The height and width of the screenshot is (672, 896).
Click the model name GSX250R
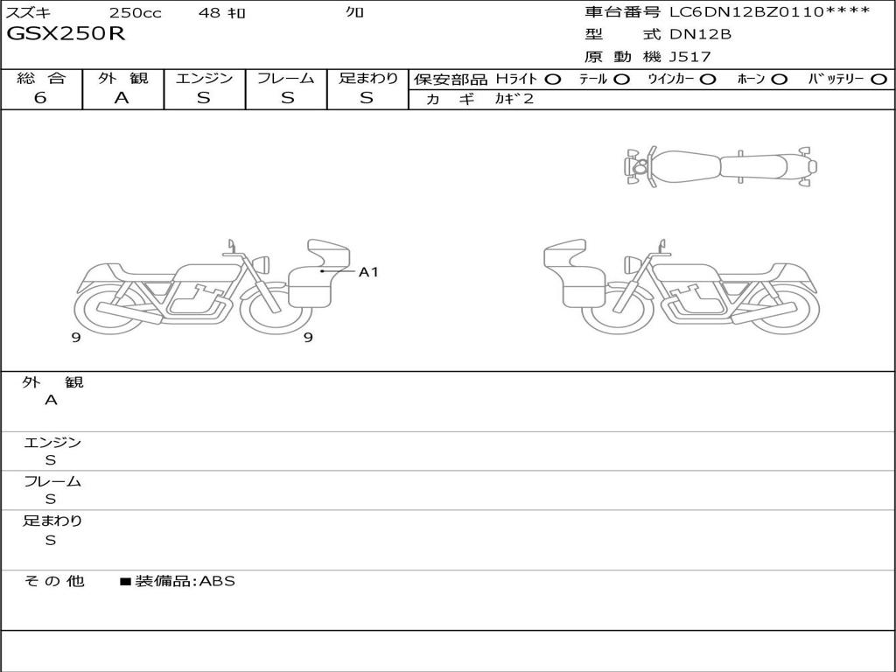click(x=66, y=34)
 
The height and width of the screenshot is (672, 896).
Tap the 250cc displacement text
click(x=136, y=12)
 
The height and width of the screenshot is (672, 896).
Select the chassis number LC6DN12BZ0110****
click(x=770, y=11)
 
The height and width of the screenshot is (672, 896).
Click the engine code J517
click(x=690, y=57)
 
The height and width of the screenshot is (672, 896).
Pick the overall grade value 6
click(x=40, y=98)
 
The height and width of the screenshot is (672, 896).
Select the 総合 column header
click(x=41, y=78)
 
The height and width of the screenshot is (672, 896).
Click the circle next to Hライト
click(x=552, y=80)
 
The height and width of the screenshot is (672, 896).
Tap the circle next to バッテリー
click(x=878, y=80)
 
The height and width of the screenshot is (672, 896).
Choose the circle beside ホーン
click(x=779, y=80)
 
